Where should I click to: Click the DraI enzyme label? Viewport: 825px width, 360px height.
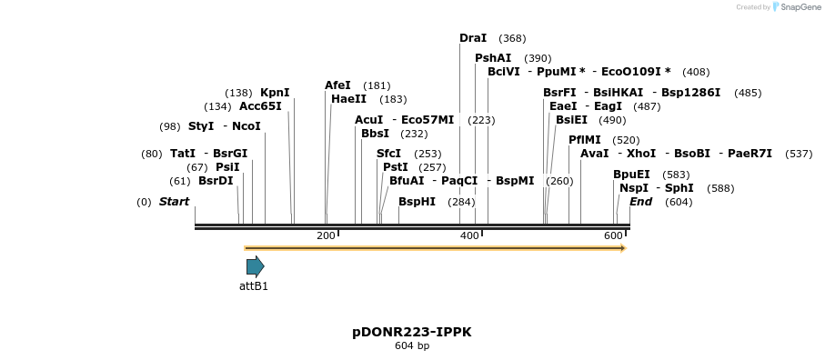pyautogui.click(x=473, y=38)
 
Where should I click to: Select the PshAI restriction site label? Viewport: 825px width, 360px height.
pyautogui.click(x=493, y=58)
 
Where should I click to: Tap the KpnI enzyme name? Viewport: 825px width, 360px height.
pyautogui.click(x=275, y=93)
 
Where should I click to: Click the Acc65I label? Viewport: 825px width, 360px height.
pyautogui.click(x=260, y=105)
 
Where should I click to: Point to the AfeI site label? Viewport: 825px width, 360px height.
pyautogui.click(x=337, y=85)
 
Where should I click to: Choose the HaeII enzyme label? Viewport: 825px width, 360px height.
pyautogui.click(x=349, y=99)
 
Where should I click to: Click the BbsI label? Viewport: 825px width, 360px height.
pyautogui.click(x=375, y=134)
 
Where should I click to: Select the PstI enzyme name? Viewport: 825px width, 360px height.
pyautogui.click(x=396, y=167)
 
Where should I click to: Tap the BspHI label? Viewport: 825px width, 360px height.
pyautogui.click(x=418, y=202)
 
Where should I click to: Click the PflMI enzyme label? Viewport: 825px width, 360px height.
pyautogui.click(x=585, y=140)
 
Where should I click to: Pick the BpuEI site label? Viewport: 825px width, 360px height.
pyautogui.click(x=631, y=175)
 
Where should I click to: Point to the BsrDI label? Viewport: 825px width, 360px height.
pyautogui.click(x=216, y=181)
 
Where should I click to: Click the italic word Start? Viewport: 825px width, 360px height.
pyautogui.click(x=174, y=202)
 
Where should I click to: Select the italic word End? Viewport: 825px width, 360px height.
pyautogui.click(x=640, y=202)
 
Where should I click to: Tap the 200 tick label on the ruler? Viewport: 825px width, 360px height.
pyautogui.click(x=326, y=236)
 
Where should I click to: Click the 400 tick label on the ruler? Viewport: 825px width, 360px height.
pyautogui.click(x=469, y=236)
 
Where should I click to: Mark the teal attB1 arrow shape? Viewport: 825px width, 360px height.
pyautogui.click(x=255, y=266)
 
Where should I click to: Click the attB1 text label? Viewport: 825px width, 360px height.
pyautogui.click(x=254, y=286)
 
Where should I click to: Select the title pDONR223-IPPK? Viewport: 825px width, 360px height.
pyautogui.click(x=412, y=332)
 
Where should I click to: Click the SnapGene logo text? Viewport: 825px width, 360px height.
pyautogui.click(x=798, y=7)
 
